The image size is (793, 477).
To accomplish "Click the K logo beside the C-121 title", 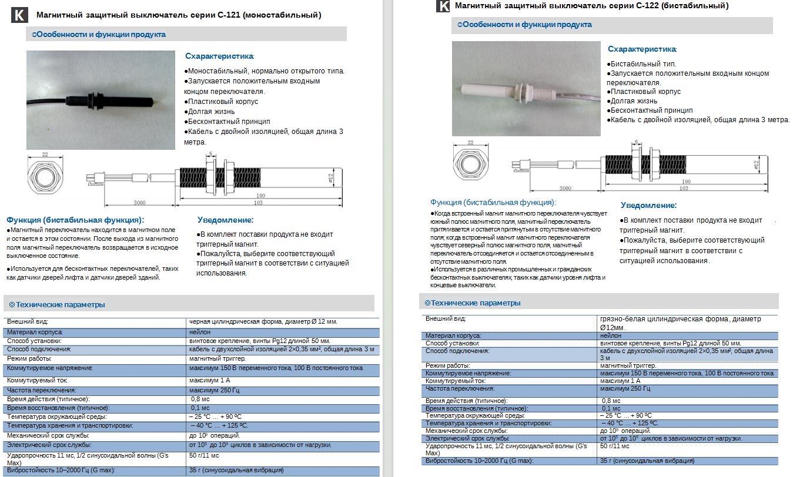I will pyautogui.click(x=19, y=15).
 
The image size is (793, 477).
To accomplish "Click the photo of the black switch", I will pyautogui.click(x=101, y=100).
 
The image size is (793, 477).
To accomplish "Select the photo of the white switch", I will pyautogui.click(x=526, y=89).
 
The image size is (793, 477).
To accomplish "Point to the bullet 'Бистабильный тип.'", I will pyautogui.click(x=643, y=64).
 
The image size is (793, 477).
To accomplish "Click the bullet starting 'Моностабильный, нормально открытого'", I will pyautogui.click(x=265, y=71).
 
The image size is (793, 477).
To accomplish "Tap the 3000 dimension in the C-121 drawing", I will pyautogui.click(x=139, y=202).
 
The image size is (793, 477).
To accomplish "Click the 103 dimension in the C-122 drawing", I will pyautogui.click(x=684, y=188).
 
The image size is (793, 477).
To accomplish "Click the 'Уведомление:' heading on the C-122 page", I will pyautogui.click(x=648, y=206).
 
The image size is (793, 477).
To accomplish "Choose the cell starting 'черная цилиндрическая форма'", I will pyautogui.click(x=263, y=322).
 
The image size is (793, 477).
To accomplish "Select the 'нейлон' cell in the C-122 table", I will pyautogui.click(x=611, y=335).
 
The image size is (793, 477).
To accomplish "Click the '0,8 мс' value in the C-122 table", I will pyautogui.click(x=611, y=401).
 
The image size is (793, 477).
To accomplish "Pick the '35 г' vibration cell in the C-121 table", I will pyautogui.click(x=236, y=471).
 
